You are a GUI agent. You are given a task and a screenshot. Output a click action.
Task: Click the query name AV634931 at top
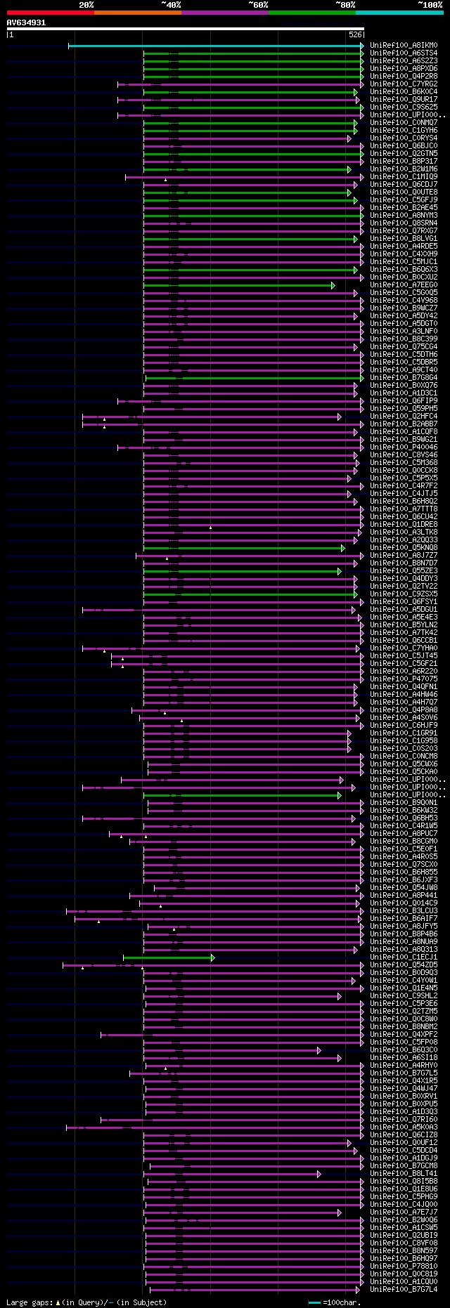pos(26,22)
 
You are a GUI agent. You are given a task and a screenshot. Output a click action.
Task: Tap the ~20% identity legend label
pos(86,4)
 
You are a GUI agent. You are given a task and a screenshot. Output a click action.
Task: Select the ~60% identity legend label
pos(258,4)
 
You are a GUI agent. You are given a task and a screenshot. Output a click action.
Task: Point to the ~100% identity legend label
pos(430,4)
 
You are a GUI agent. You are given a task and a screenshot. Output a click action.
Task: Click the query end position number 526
pos(355,34)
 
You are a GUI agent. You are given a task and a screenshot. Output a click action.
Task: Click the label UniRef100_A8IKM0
pos(403,46)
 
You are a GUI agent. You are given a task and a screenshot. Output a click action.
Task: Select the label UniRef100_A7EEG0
pos(403,285)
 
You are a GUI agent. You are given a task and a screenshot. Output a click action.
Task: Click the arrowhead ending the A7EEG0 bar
pos(333,285)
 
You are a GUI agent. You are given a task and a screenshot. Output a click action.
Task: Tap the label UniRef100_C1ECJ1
pos(403,957)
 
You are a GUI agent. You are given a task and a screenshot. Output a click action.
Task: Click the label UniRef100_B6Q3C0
pos(403,1050)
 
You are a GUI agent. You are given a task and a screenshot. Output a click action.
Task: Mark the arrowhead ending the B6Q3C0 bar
pos(319,1050)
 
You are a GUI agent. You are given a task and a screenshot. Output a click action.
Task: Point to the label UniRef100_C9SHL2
pos(403,996)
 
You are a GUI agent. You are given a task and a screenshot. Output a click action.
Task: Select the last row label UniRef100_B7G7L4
pos(403,1290)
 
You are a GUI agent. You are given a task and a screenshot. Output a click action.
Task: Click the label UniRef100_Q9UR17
pos(403,100)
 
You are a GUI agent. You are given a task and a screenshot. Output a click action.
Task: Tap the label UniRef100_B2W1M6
pos(403,169)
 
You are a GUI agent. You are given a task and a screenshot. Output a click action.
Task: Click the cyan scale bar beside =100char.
pos(314,1302)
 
